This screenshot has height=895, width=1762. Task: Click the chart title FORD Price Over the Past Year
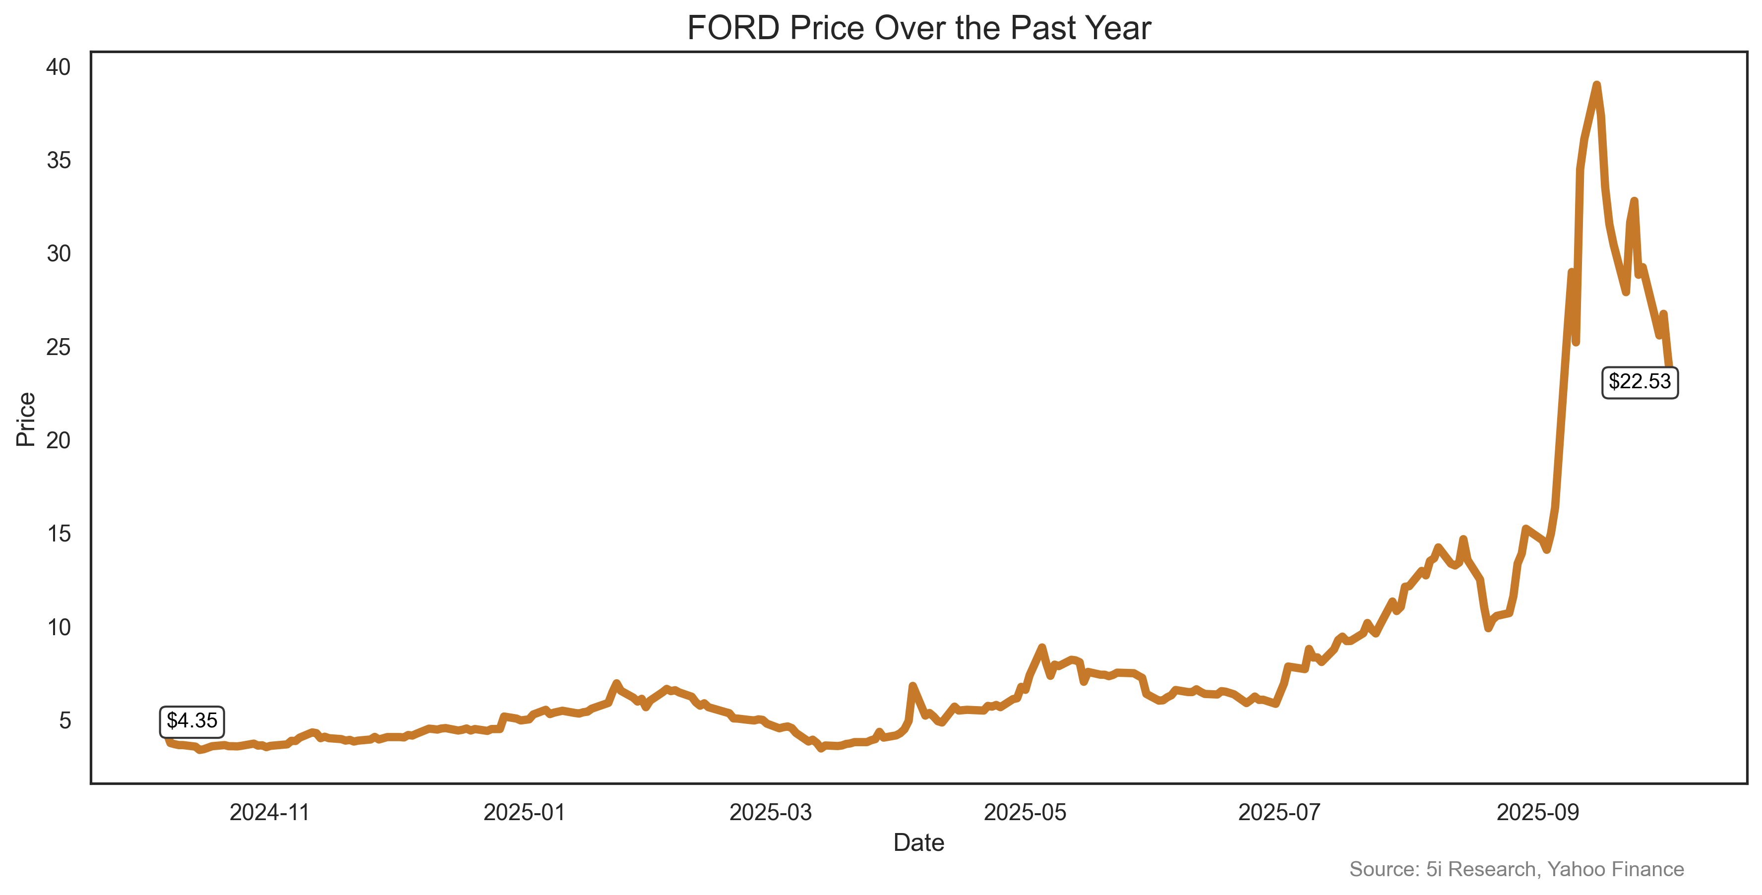point(918,29)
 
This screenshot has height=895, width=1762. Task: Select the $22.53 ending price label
point(1639,381)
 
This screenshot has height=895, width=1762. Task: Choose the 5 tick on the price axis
point(64,720)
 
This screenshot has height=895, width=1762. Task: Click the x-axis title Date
point(918,843)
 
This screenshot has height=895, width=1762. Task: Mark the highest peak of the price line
point(1596,85)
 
